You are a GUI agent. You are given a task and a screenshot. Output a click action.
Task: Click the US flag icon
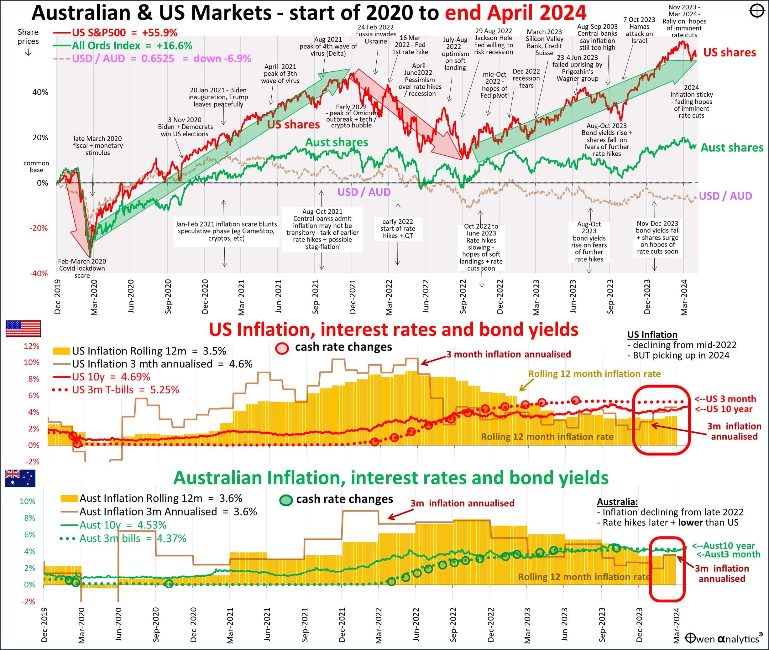click(23, 329)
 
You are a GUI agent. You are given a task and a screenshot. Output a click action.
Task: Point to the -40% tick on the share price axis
click(39, 273)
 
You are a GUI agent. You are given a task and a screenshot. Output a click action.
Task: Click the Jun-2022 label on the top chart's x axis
click(426, 296)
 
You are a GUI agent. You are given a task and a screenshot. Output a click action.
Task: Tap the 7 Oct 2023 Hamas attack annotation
click(639, 30)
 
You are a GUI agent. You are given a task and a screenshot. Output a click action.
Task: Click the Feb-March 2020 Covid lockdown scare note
click(82, 268)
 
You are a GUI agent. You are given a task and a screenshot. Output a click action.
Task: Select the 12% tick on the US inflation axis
click(31, 346)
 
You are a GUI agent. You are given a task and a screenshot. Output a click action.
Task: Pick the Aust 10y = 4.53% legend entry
click(123, 525)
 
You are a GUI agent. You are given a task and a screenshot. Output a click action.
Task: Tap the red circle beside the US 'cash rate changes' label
click(282, 348)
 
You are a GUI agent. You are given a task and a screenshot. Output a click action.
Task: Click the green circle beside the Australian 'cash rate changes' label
click(286, 500)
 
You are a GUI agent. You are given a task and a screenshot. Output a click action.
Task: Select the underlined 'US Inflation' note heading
click(652, 335)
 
